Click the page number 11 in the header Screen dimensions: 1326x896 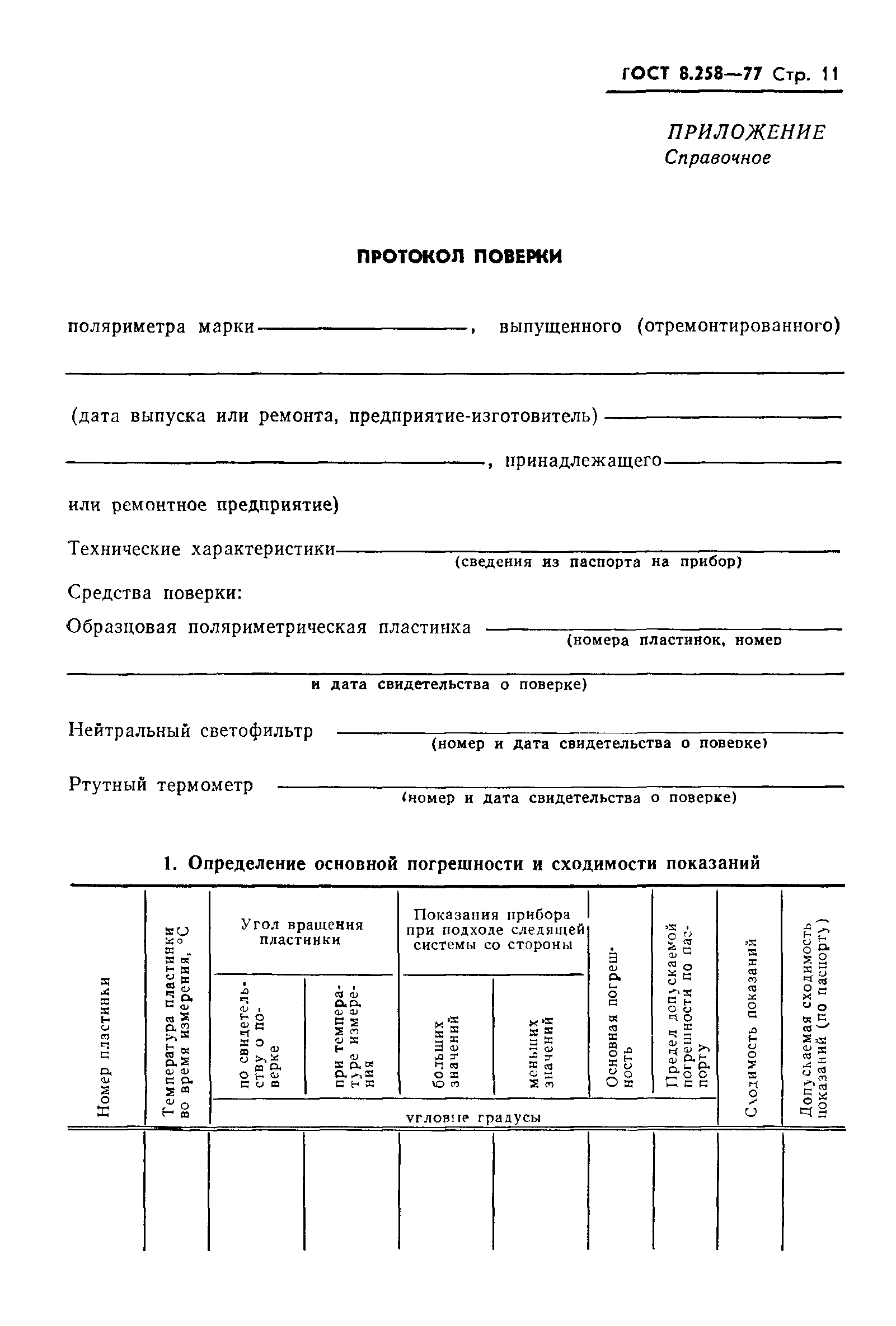(x=829, y=75)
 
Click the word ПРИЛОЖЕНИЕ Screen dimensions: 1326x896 (x=747, y=132)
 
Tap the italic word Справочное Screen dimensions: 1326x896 (x=717, y=158)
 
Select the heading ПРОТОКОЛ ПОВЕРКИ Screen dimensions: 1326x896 (x=459, y=257)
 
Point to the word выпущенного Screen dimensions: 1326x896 (x=560, y=327)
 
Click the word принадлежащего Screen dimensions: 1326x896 (x=583, y=461)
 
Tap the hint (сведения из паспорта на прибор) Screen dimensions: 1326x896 (x=597, y=562)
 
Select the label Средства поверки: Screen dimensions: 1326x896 (x=156, y=593)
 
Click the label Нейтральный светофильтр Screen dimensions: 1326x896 (x=190, y=730)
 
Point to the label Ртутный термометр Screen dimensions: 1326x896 (x=161, y=784)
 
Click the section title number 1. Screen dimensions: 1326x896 (x=168, y=864)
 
